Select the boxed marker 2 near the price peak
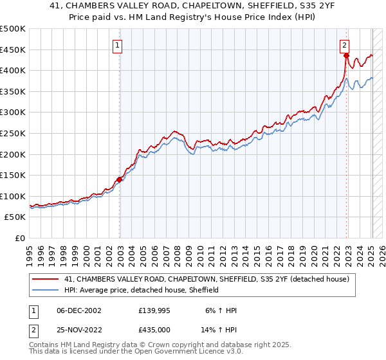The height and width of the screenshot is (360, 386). pyautogui.click(x=345, y=45)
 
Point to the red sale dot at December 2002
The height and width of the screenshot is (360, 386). pyautogui.click(x=119, y=180)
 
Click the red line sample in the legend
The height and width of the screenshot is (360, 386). pyautogui.click(x=45, y=279)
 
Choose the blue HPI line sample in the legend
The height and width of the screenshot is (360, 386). pyautogui.click(x=45, y=290)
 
